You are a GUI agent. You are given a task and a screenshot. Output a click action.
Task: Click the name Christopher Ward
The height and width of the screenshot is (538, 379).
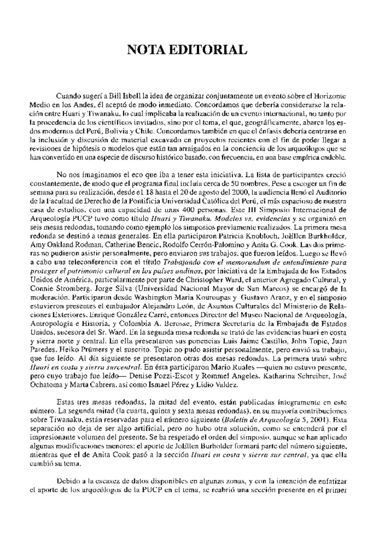click(x=213, y=280)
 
